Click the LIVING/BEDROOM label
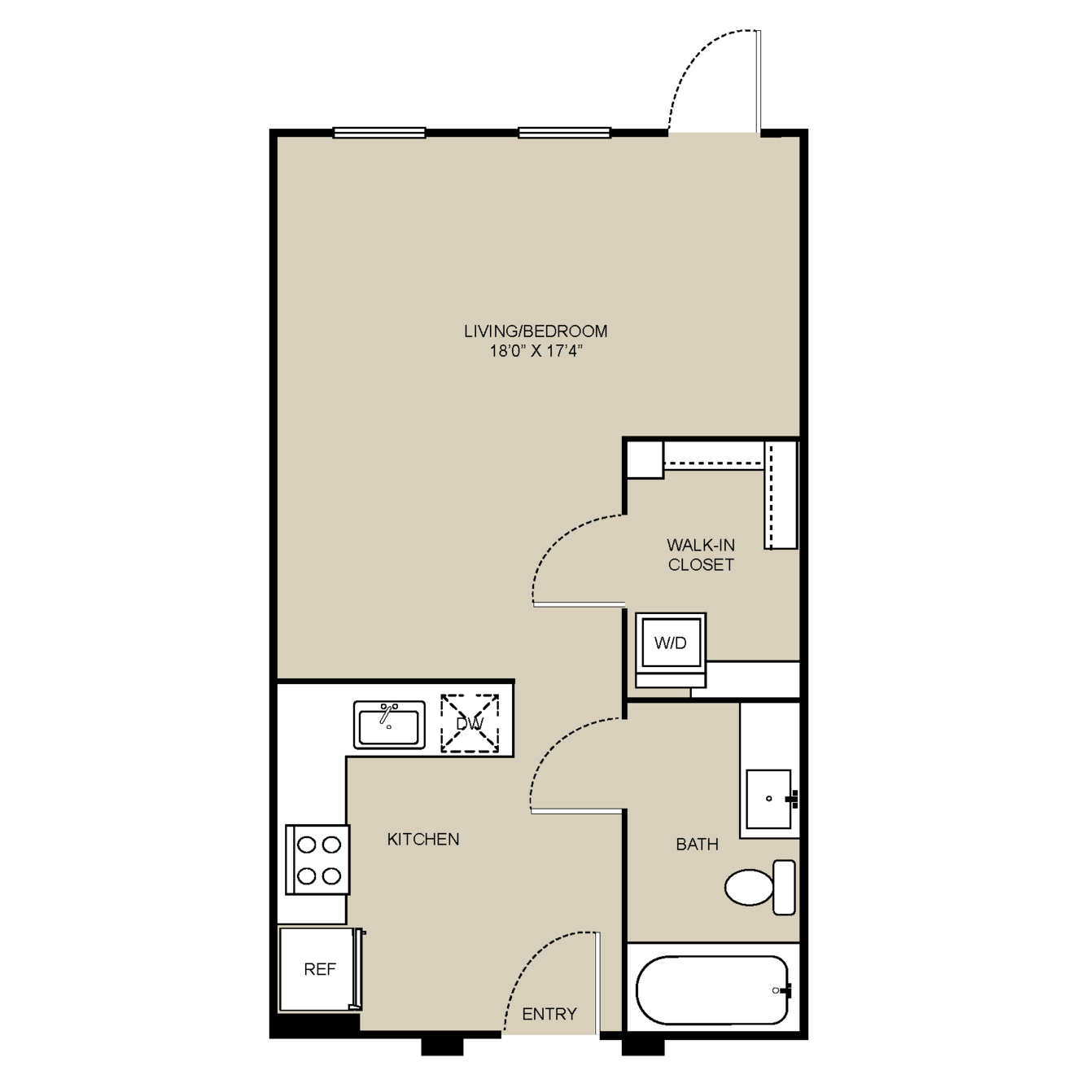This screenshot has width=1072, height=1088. pyautogui.click(x=535, y=331)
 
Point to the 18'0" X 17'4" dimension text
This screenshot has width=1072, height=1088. pyautogui.click(x=535, y=351)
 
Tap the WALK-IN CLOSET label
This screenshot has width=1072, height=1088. pyautogui.click(x=701, y=555)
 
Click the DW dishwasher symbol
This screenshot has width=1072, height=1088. pyautogui.click(x=470, y=723)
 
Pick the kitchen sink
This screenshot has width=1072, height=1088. pyautogui.click(x=389, y=725)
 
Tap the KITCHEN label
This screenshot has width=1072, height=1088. pyautogui.click(x=422, y=839)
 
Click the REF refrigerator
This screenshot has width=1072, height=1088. pyautogui.click(x=321, y=969)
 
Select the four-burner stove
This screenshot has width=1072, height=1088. pyautogui.click(x=317, y=859)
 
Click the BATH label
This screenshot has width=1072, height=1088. pyautogui.click(x=698, y=844)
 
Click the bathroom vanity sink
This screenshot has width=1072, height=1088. pyautogui.click(x=769, y=798)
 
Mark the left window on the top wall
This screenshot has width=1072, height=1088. pyautogui.click(x=378, y=133)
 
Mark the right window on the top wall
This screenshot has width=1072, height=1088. pyautogui.click(x=565, y=133)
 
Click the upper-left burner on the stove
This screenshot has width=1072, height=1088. pyautogui.click(x=307, y=845)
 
